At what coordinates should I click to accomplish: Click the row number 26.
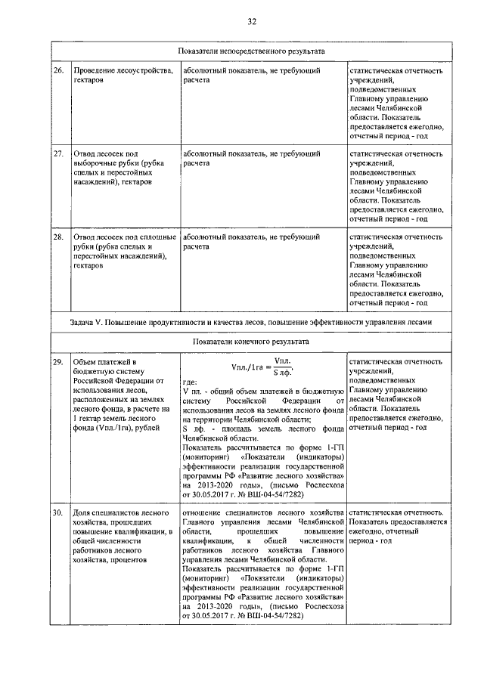pyautogui.click(x=57, y=70)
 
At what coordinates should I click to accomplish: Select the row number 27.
pyautogui.click(x=57, y=153)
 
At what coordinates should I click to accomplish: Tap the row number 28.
pyautogui.click(x=57, y=237)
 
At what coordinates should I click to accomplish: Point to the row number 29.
pyautogui.click(x=57, y=362)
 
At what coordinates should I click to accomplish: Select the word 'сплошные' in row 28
pyautogui.click(x=156, y=237)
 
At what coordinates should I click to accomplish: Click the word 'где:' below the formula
pyautogui.click(x=190, y=382)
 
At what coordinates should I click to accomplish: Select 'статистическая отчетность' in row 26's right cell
pyautogui.click(x=396, y=70)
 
